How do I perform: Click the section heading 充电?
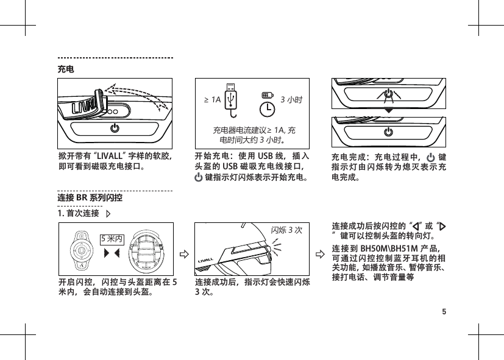tap(66, 69)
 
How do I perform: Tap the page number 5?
tap(444, 312)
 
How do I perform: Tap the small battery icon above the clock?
tap(266, 94)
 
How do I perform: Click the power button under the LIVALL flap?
tap(114, 129)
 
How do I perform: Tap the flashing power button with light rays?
tap(388, 94)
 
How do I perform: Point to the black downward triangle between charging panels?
tap(388, 113)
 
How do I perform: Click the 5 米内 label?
tap(112, 238)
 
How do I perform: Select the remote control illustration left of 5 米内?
tap(80, 249)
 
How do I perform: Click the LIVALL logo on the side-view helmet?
tap(208, 263)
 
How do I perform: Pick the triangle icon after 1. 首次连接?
tap(108, 214)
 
